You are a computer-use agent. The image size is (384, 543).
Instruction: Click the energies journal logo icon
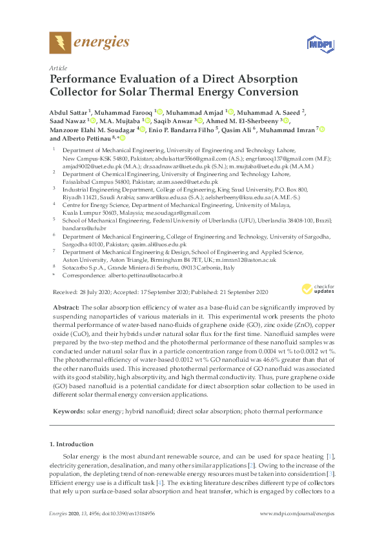point(61,43)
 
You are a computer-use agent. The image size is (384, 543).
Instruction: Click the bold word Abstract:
point(65,308)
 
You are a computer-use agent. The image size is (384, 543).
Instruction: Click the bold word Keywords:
point(67,411)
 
